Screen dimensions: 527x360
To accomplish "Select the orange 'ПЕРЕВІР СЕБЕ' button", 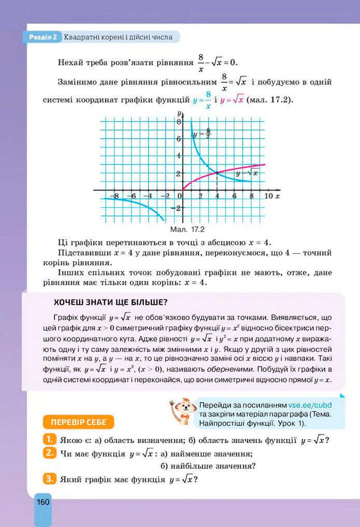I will tap(79, 422).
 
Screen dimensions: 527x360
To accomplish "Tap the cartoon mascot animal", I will tap(182, 412).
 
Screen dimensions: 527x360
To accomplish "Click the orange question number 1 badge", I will tap(49, 440).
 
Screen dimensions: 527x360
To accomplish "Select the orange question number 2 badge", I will tap(49, 453).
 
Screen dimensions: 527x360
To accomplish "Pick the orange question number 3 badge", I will tap(49, 479).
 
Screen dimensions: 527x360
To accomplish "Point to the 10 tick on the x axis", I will tap(268, 196).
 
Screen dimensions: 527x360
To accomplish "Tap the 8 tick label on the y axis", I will tap(179, 122).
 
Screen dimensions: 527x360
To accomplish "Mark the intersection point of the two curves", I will tap(217, 173).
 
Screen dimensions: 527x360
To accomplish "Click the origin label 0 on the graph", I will tap(180, 196).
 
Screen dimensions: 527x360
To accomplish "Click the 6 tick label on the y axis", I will tap(179, 139).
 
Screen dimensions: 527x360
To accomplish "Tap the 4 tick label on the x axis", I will tap(218, 196).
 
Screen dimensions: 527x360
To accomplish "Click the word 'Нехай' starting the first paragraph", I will tap(73, 63).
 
